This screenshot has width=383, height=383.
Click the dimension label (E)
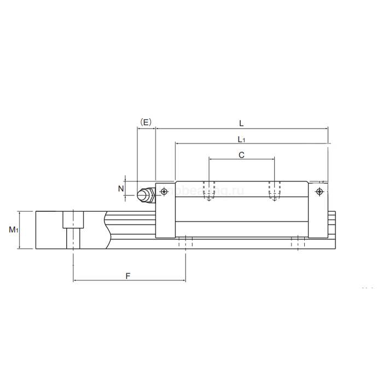(x=146, y=121)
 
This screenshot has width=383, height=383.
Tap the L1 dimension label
(x=241, y=139)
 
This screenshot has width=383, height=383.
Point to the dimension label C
(x=241, y=155)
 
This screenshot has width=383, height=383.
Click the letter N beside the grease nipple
(x=121, y=188)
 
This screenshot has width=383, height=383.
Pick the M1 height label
(x=14, y=230)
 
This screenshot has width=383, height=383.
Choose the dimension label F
(x=127, y=276)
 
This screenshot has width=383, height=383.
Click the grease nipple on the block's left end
(x=146, y=195)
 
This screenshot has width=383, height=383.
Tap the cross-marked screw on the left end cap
(x=164, y=191)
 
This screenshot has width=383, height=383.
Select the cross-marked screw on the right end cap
(x=320, y=191)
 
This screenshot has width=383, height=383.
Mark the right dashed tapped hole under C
(x=274, y=190)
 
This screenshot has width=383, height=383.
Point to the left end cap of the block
(x=165, y=211)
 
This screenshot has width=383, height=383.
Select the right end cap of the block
(x=318, y=211)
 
